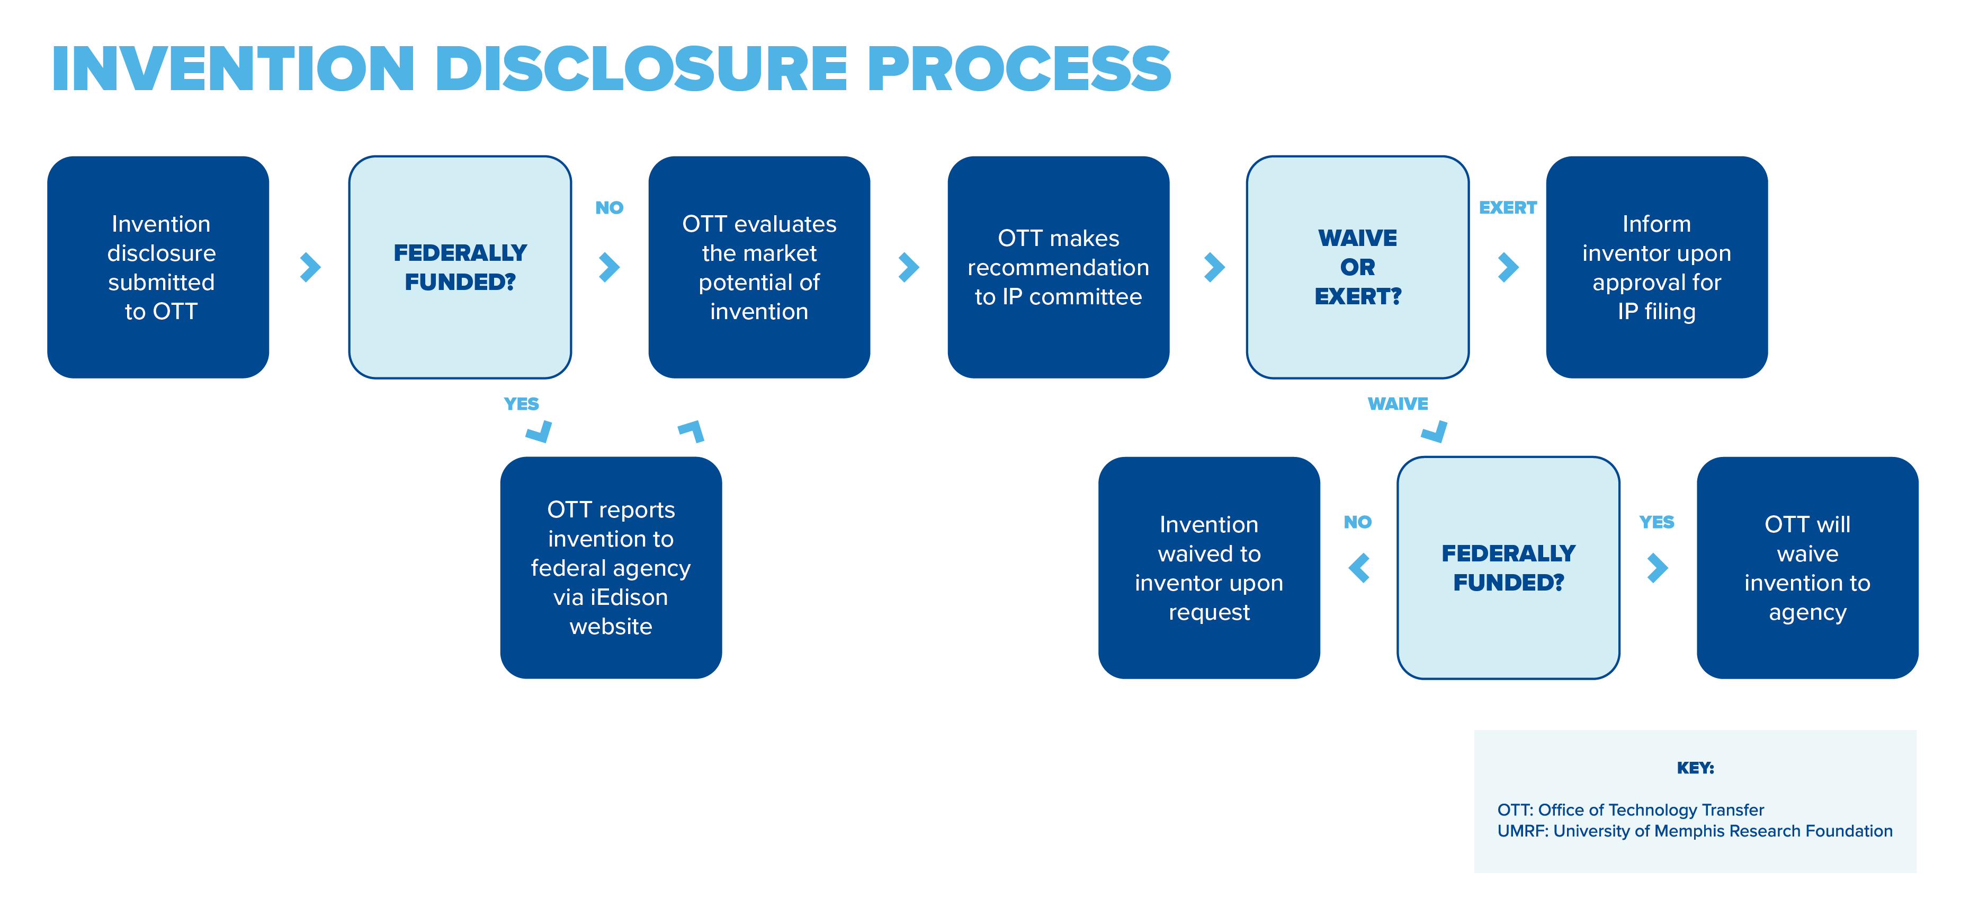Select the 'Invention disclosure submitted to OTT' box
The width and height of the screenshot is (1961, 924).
tap(158, 267)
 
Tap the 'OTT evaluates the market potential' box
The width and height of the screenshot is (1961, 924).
tap(759, 267)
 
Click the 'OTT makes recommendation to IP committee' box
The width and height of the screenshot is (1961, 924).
tap(1058, 267)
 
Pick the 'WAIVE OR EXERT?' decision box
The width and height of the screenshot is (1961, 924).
tap(1357, 267)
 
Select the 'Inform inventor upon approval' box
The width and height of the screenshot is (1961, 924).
tap(1656, 267)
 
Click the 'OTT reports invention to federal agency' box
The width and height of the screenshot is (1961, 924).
tap(611, 568)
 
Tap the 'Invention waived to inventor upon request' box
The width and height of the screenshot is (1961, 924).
tap(1209, 568)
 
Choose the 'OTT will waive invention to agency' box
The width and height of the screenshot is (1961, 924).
tap(1807, 568)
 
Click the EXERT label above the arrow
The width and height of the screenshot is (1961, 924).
tap(1507, 207)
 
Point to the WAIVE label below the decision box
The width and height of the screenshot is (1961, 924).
tap(1398, 404)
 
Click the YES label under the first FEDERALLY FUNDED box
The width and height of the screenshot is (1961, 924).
tap(522, 404)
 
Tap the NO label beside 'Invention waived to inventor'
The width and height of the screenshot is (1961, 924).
tap(1357, 522)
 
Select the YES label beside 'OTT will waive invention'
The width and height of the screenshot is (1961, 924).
tap(1656, 522)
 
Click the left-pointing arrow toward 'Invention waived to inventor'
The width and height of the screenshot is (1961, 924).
tap(1359, 568)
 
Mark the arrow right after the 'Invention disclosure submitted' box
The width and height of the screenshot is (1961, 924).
tap(310, 267)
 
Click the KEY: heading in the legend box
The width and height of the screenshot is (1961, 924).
tap(1695, 768)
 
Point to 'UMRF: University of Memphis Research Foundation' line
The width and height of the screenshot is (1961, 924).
tap(1695, 831)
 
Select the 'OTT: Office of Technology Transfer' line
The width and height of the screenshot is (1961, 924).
tap(1630, 809)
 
